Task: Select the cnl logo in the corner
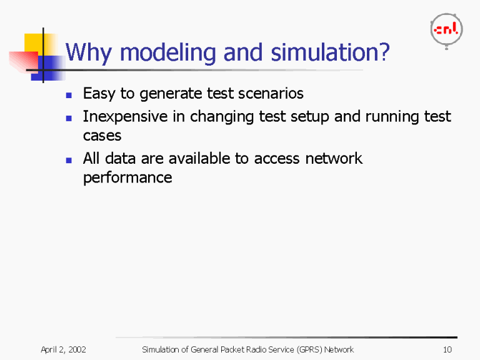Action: pyautogui.click(x=446, y=29)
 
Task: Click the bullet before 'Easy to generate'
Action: pyautogui.click(x=69, y=95)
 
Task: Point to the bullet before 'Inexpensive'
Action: pyautogui.click(x=69, y=118)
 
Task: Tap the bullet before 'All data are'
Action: pyautogui.click(x=69, y=160)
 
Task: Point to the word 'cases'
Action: pyautogui.click(x=102, y=136)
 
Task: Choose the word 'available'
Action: pyautogui.click(x=199, y=159)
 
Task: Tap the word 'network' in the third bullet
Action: pyautogui.click(x=333, y=159)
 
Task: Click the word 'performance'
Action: pyautogui.click(x=127, y=177)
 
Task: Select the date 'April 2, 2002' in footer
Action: pyautogui.click(x=63, y=349)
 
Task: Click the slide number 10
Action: pyautogui.click(x=446, y=349)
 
